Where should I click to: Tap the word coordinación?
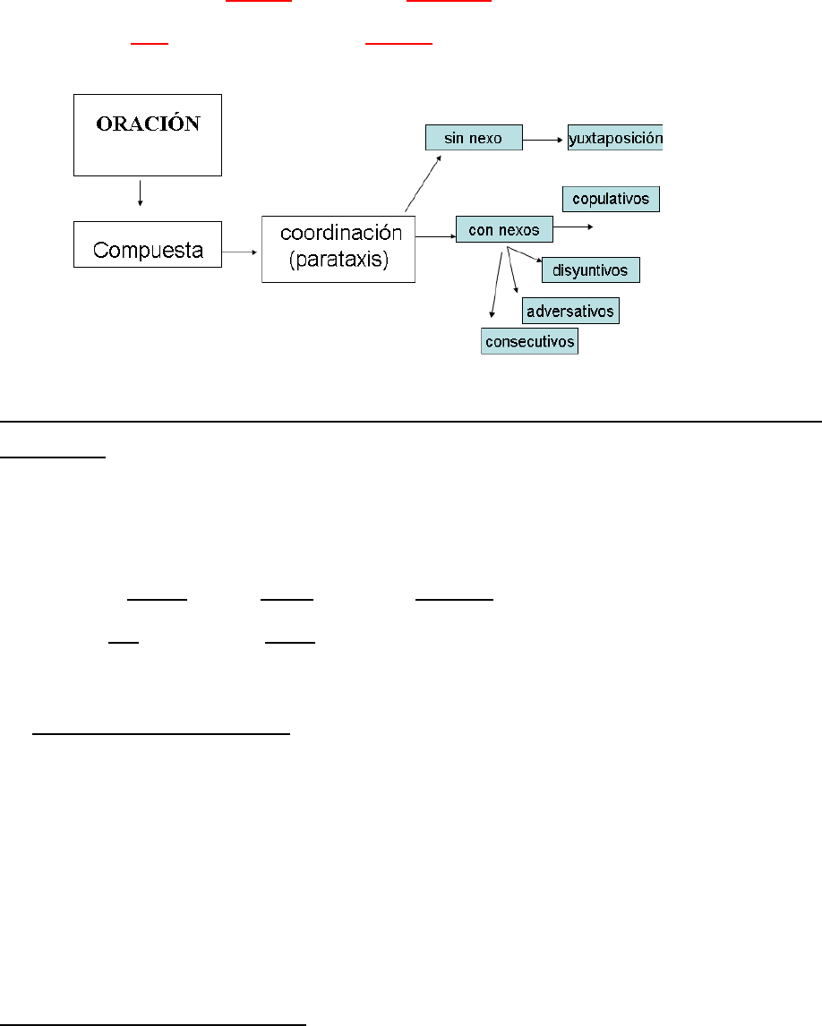pos(339,233)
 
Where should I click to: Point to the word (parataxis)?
pos(338,262)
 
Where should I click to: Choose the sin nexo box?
pos(473,138)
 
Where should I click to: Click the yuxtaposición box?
pos(615,139)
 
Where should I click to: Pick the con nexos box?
pos(504,229)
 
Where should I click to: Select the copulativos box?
pos(611,198)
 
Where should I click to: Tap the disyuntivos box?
pos(591,269)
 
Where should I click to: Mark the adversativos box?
pos(571,311)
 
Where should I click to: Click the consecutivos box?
pos(529,341)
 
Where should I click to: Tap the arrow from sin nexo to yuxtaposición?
pos(544,140)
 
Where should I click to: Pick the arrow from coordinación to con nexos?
pos(435,237)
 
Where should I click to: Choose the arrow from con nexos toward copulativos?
pos(573,227)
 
